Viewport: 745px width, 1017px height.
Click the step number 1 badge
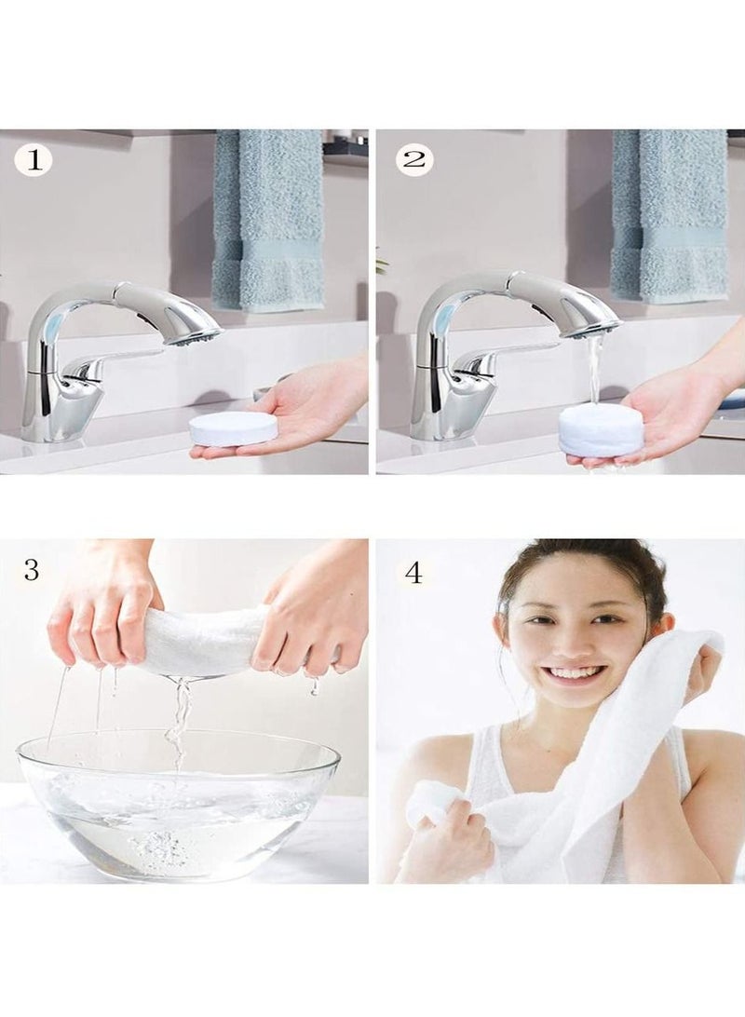[x=34, y=160]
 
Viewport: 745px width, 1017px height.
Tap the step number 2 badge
[x=414, y=160]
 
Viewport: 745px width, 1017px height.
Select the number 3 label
[x=32, y=570]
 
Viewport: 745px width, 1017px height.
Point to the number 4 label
[x=413, y=572]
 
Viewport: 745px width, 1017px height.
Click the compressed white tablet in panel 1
[x=233, y=428]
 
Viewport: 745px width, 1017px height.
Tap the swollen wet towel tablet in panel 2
[x=601, y=433]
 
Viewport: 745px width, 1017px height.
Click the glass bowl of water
[x=177, y=801]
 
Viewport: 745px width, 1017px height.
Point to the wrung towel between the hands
[x=200, y=641]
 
